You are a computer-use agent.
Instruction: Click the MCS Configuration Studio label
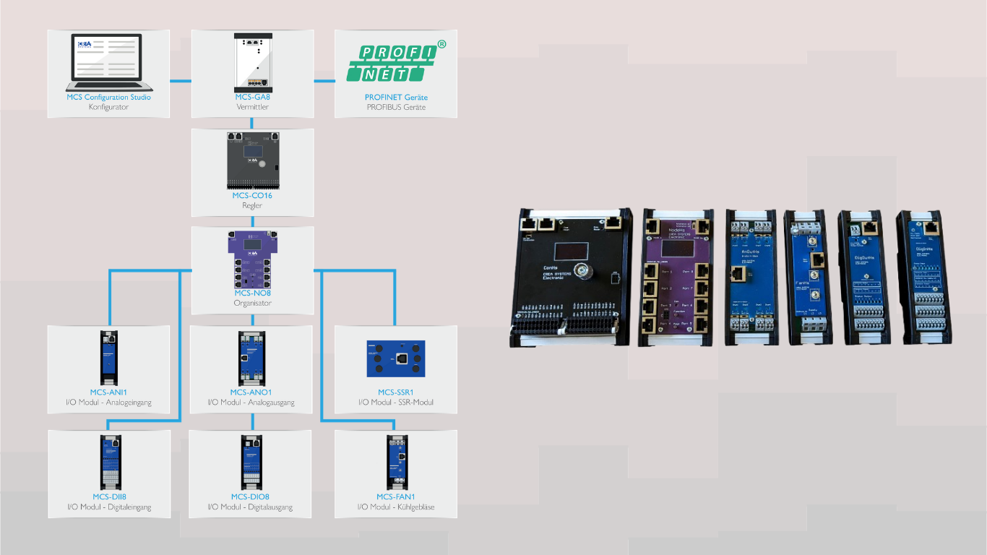108,97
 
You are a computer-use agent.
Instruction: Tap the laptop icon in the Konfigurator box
108,61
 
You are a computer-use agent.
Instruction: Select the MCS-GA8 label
252,97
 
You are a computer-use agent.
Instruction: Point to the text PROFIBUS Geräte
395,107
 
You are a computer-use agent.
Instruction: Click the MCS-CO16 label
252,195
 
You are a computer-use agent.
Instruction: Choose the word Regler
252,205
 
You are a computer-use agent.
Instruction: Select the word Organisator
252,304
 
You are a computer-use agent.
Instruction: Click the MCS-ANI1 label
108,392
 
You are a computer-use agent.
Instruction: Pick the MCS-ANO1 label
251,392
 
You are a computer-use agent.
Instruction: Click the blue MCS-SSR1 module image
395,358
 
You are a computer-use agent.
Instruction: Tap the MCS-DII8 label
108,496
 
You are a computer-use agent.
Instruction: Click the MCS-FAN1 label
395,496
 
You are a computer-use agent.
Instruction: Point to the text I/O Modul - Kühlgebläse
395,507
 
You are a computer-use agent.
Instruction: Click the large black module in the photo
572,278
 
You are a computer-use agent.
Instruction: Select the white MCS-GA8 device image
252,61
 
